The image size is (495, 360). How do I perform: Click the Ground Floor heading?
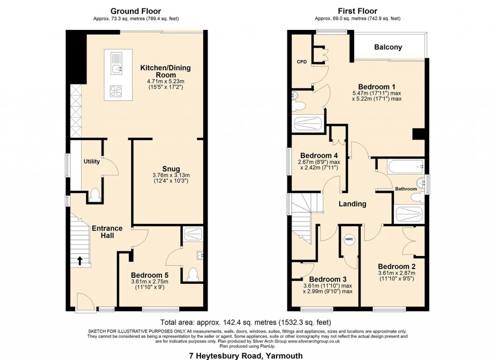136,11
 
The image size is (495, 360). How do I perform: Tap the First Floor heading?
358,11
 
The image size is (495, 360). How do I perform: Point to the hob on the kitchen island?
115,90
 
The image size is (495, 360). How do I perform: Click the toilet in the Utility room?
95,195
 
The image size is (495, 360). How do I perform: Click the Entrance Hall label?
107,232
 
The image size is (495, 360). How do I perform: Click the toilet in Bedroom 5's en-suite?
193,273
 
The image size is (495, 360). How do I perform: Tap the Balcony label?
388,47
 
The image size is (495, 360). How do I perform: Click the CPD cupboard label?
302,62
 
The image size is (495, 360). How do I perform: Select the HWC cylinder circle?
349,240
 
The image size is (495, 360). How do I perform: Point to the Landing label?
352,204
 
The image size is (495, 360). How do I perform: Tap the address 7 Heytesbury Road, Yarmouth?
246,356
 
